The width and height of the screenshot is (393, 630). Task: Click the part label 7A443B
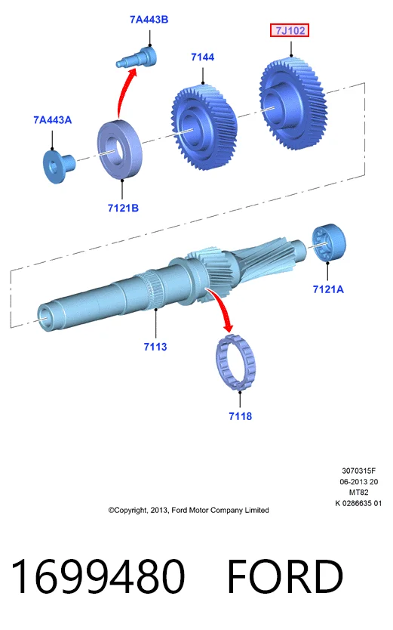click(149, 20)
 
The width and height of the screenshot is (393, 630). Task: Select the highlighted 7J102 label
click(290, 30)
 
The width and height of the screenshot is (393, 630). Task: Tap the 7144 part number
click(202, 57)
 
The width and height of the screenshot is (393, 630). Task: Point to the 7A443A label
click(53, 120)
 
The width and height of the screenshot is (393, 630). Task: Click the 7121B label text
click(123, 208)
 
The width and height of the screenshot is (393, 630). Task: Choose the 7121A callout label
click(328, 289)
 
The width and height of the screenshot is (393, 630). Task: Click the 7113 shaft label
click(155, 346)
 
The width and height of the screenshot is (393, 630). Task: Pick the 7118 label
click(240, 416)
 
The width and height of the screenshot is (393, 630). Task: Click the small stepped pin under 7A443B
click(137, 57)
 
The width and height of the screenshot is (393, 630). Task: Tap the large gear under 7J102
click(293, 103)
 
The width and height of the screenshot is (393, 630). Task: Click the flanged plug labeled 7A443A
click(58, 165)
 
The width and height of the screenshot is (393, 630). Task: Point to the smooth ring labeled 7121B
click(119, 150)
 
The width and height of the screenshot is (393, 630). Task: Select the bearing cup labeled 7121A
click(329, 242)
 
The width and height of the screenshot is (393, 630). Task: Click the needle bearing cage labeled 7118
click(235, 363)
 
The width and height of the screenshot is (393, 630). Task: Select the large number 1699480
click(98, 576)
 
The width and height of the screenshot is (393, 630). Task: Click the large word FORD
click(284, 576)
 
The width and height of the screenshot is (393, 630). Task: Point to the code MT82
click(358, 493)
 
